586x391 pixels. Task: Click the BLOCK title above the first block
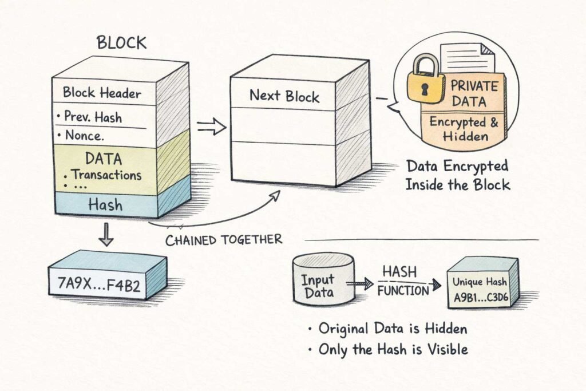point(121,43)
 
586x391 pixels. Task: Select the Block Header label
point(102,92)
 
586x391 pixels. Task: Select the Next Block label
point(284,96)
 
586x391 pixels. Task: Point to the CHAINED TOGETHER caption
point(224,239)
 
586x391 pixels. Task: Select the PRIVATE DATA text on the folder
point(474,94)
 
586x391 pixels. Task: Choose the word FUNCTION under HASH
point(403,291)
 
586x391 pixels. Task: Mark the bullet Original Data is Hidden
point(387,329)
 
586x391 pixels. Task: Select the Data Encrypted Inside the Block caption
point(457,175)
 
